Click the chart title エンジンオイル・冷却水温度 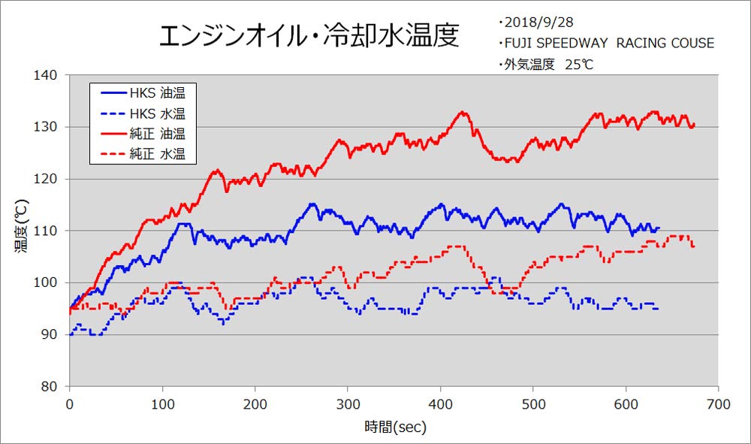coord(309,35)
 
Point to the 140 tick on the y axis coord(46,75)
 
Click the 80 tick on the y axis coord(50,386)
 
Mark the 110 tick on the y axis coord(46,231)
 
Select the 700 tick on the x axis coord(718,404)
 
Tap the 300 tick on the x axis coord(348,404)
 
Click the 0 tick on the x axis coord(70,404)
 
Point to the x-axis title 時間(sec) coord(395,426)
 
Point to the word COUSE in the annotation coord(692,43)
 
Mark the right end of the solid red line coord(694,125)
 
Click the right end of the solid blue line coord(659,228)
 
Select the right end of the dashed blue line coord(659,309)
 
